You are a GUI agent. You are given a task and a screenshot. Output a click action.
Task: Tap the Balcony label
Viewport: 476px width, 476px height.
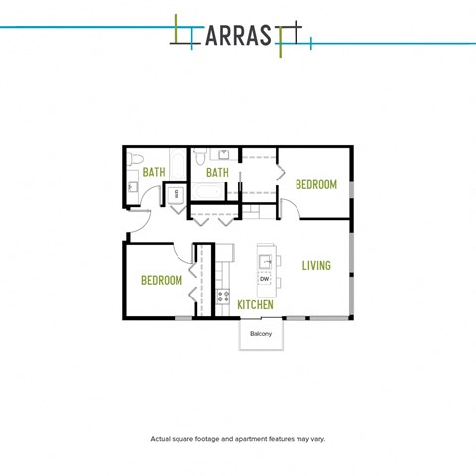pos(261,334)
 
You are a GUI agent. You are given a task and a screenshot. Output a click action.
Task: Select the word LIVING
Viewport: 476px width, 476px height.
pos(316,266)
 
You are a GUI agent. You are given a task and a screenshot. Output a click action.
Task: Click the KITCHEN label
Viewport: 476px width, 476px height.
pos(255,305)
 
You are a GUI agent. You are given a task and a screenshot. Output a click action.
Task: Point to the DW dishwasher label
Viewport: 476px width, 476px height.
pos(265,280)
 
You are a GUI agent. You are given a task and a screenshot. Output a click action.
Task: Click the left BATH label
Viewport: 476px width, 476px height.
pos(154,172)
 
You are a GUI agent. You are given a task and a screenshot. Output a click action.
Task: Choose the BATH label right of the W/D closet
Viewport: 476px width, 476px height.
pos(217,172)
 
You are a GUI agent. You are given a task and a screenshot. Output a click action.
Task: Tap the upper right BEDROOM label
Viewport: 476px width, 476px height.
pos(316,185)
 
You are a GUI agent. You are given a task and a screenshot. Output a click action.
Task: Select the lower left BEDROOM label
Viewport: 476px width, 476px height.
pos(161,281)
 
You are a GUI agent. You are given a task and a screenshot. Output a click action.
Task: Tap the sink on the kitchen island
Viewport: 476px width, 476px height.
pos(266,262)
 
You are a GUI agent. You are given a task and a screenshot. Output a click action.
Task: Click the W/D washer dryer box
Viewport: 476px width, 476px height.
pos(176,194)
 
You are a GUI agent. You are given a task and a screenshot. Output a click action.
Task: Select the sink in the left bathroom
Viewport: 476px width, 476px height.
pos(132,186)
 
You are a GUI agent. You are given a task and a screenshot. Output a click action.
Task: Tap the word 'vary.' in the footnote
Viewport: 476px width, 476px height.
pos(316,439)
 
